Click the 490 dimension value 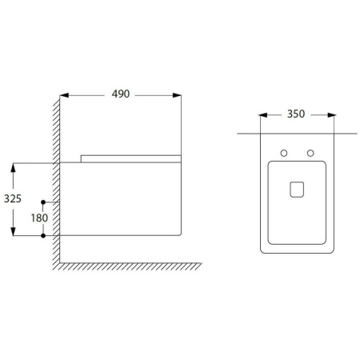pos(121,94)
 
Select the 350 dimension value pos(296,114)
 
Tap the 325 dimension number pos(13,198)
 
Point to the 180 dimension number pos(39,218)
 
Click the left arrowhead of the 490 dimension pos(64,95)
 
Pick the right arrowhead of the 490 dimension pos(177,95)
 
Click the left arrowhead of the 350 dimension pos(263,115)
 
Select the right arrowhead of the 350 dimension pos(332,115)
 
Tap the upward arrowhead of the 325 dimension pos(13,167)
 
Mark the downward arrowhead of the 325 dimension pos(13,231)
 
